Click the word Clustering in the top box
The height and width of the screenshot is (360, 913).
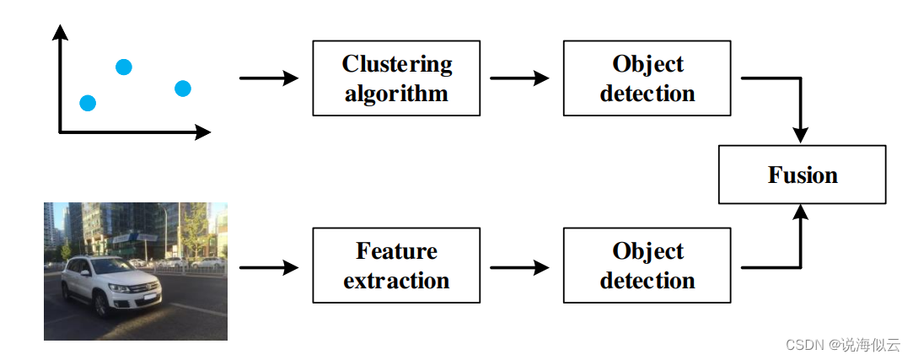tap(396, 64)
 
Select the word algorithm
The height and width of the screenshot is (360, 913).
tap(396, 93)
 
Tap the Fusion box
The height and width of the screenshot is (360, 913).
tap(802, 175)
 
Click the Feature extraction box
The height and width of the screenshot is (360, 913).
tap(396, 266)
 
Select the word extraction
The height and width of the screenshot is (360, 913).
tap(396, 280)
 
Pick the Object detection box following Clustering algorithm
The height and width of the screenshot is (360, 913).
tap(647, 78)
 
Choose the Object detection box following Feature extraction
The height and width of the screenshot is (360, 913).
tap(647, 266)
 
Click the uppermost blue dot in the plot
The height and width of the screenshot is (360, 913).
tap(123, 67)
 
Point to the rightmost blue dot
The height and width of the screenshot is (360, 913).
tap(183, 88)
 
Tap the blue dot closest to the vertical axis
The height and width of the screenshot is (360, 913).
tap(88, 103)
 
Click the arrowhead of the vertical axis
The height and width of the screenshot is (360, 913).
tap(60, 32)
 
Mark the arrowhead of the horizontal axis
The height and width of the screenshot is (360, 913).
tap(202, 132)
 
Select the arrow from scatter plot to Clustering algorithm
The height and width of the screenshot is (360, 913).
tap(269, 78)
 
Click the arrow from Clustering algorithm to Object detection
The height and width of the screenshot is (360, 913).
tap(519, 78)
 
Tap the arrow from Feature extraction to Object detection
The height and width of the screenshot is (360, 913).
tap(519, 268)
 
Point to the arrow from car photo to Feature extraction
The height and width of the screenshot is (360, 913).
tap(269, 268)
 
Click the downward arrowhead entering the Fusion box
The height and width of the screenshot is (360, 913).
tap(800, 135)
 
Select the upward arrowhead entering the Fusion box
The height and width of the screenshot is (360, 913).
tap(800, 212)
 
